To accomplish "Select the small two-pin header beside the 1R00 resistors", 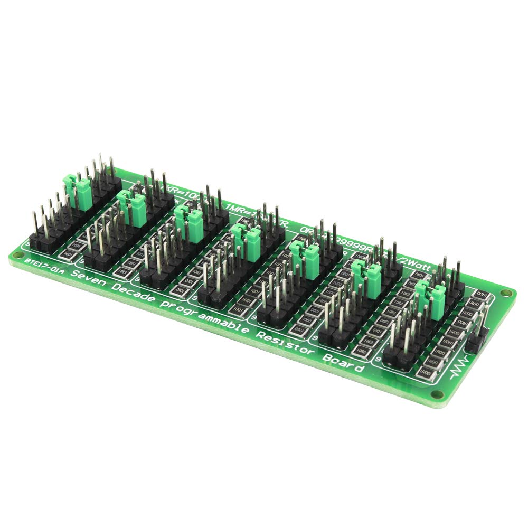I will (476, 341).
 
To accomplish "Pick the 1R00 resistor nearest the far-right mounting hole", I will (482, 295).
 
